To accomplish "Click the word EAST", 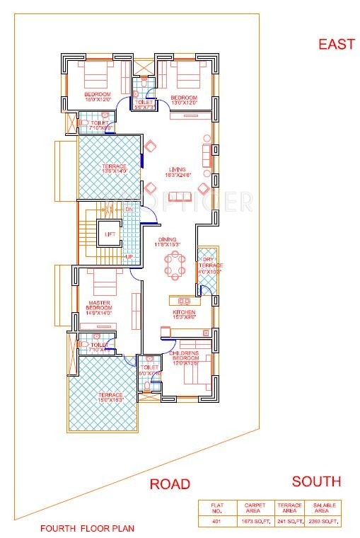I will point(336,44).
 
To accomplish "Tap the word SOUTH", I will point(316,482).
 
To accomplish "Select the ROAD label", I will point(169,484).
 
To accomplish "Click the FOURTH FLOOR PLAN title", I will point(87,528).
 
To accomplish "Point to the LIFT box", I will point(109,234).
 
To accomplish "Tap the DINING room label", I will point(169,241).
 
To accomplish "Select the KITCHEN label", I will point(184,312).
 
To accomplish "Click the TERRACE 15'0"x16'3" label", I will point(110,397).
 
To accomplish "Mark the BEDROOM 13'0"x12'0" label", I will point(184,100).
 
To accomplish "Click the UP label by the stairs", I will point(129,256).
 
